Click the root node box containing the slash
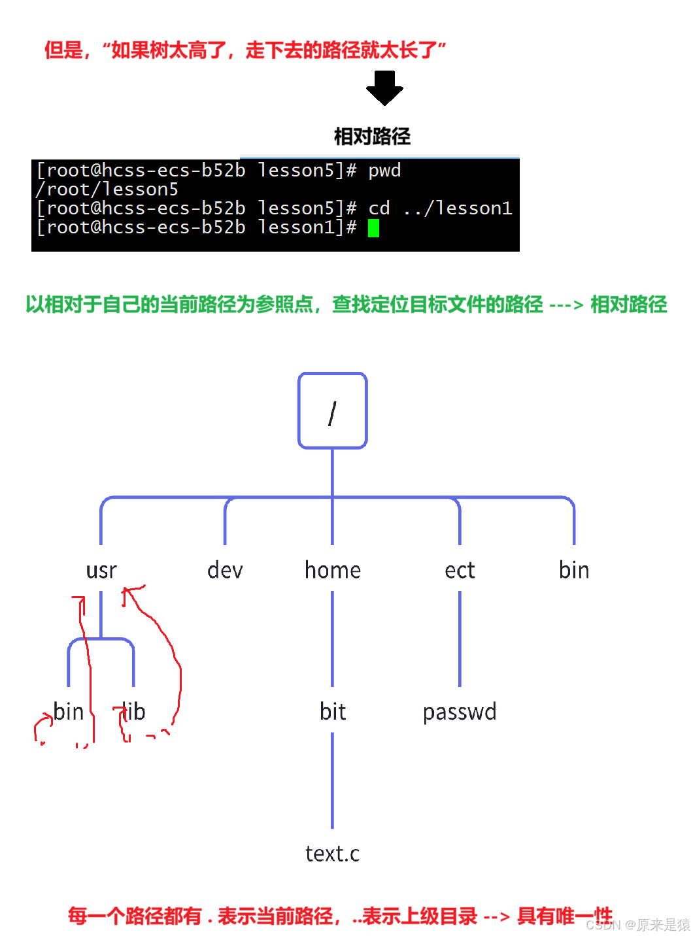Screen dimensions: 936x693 [332, 410]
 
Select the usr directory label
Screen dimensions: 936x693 [101, 571]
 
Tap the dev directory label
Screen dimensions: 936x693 [225, 571]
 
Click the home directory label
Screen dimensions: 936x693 [333, 571]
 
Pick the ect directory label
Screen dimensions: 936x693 [460, 571]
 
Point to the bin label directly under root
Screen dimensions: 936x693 [574, 571]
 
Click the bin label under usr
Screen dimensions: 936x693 [69, 711]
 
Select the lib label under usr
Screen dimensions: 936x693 [134, 711]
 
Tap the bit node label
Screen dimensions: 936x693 [333, 711]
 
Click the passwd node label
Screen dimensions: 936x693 [460, 712]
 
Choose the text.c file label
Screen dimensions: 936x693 [332, 854]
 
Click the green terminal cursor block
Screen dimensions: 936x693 [373, 228]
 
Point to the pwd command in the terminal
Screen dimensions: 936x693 [384, 171]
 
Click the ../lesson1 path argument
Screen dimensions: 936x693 [458, 209]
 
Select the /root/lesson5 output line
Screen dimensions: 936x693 [107, 190]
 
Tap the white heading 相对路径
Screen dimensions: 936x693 [372, 136]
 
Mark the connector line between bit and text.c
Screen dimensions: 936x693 [333, 781]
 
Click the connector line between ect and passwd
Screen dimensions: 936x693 [460, 639]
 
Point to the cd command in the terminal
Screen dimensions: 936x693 [379, 209]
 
